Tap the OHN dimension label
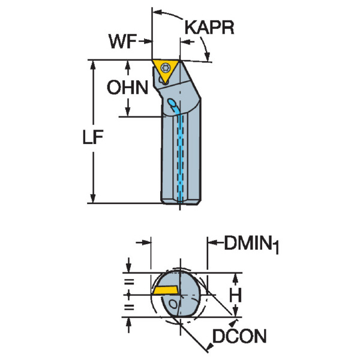[x=127, y=88]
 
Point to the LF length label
[x=94, y=137]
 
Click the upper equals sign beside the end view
[x=128, y=281]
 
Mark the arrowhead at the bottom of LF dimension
[x=94, y=199]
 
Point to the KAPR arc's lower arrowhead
[x=208, y=57]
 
